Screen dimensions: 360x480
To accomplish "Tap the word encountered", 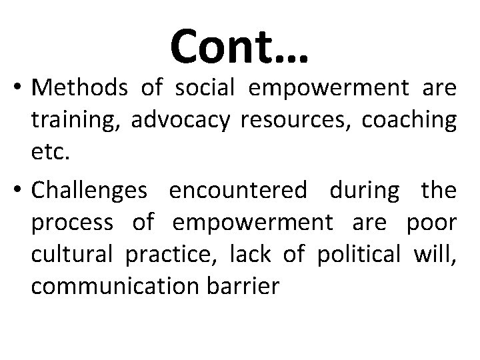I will (x=239, y=192).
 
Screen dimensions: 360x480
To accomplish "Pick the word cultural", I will (x=71, y=254).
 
